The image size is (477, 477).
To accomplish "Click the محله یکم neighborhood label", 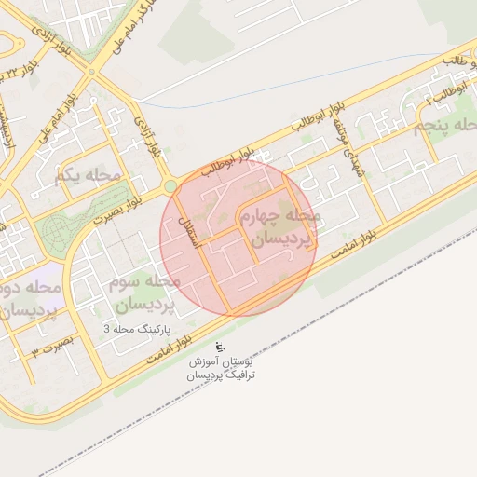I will pyautogui.click(x=89, y=174).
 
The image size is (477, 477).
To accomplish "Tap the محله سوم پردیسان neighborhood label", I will pyautogui.click(x=143, y=293).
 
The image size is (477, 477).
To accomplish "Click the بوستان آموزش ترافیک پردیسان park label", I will pyautogui.click(x=221, y=367).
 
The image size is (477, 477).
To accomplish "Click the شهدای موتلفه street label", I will pyautogui.click(x=346, y=150).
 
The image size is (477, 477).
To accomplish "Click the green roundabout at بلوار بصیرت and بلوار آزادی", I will pyautogui.click(x=170, y=186).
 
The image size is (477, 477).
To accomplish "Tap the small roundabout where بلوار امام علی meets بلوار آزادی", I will pyautogui.click(x=90, y=72).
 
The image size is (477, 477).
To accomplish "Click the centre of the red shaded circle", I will pyautogui.click(x=238, y=238).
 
